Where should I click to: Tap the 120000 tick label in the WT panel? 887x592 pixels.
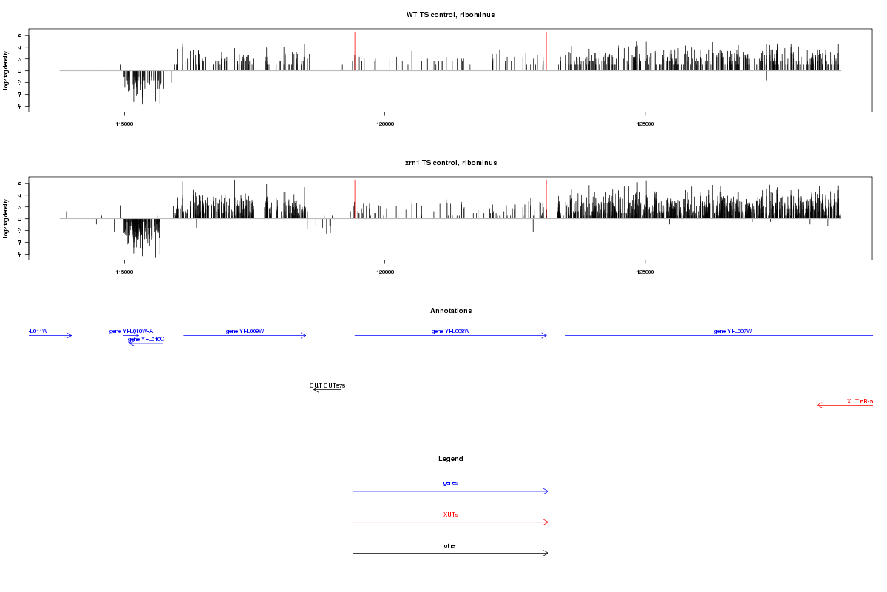click(384, 124)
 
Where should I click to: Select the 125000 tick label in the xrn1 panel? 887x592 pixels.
click(645, 272)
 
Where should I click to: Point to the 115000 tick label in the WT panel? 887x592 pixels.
click(124, 124)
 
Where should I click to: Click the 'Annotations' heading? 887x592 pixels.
click(451, 311)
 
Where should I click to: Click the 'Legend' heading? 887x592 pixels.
click(451, 459)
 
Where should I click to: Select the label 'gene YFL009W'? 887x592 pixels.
click(245, 331)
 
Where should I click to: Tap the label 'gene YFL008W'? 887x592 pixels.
click(451, 331)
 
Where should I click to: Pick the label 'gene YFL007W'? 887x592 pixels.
click(733, 331)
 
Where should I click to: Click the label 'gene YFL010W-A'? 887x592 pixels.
click(131, 331)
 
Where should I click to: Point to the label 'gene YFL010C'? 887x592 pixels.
click(146, 339)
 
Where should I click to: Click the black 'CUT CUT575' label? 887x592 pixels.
click(327, 386)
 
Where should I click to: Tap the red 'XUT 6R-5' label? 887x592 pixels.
click(860, 401)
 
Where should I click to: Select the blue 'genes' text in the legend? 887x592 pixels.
click(451, 482)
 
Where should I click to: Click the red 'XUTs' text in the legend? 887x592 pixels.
click(451, 514)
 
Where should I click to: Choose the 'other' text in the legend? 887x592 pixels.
click(451, 545)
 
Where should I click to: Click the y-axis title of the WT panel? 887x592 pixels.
click(7, 70)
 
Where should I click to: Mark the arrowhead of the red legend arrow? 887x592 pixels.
click(547, 522)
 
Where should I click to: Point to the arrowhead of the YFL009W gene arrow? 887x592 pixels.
click(305, 335)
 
